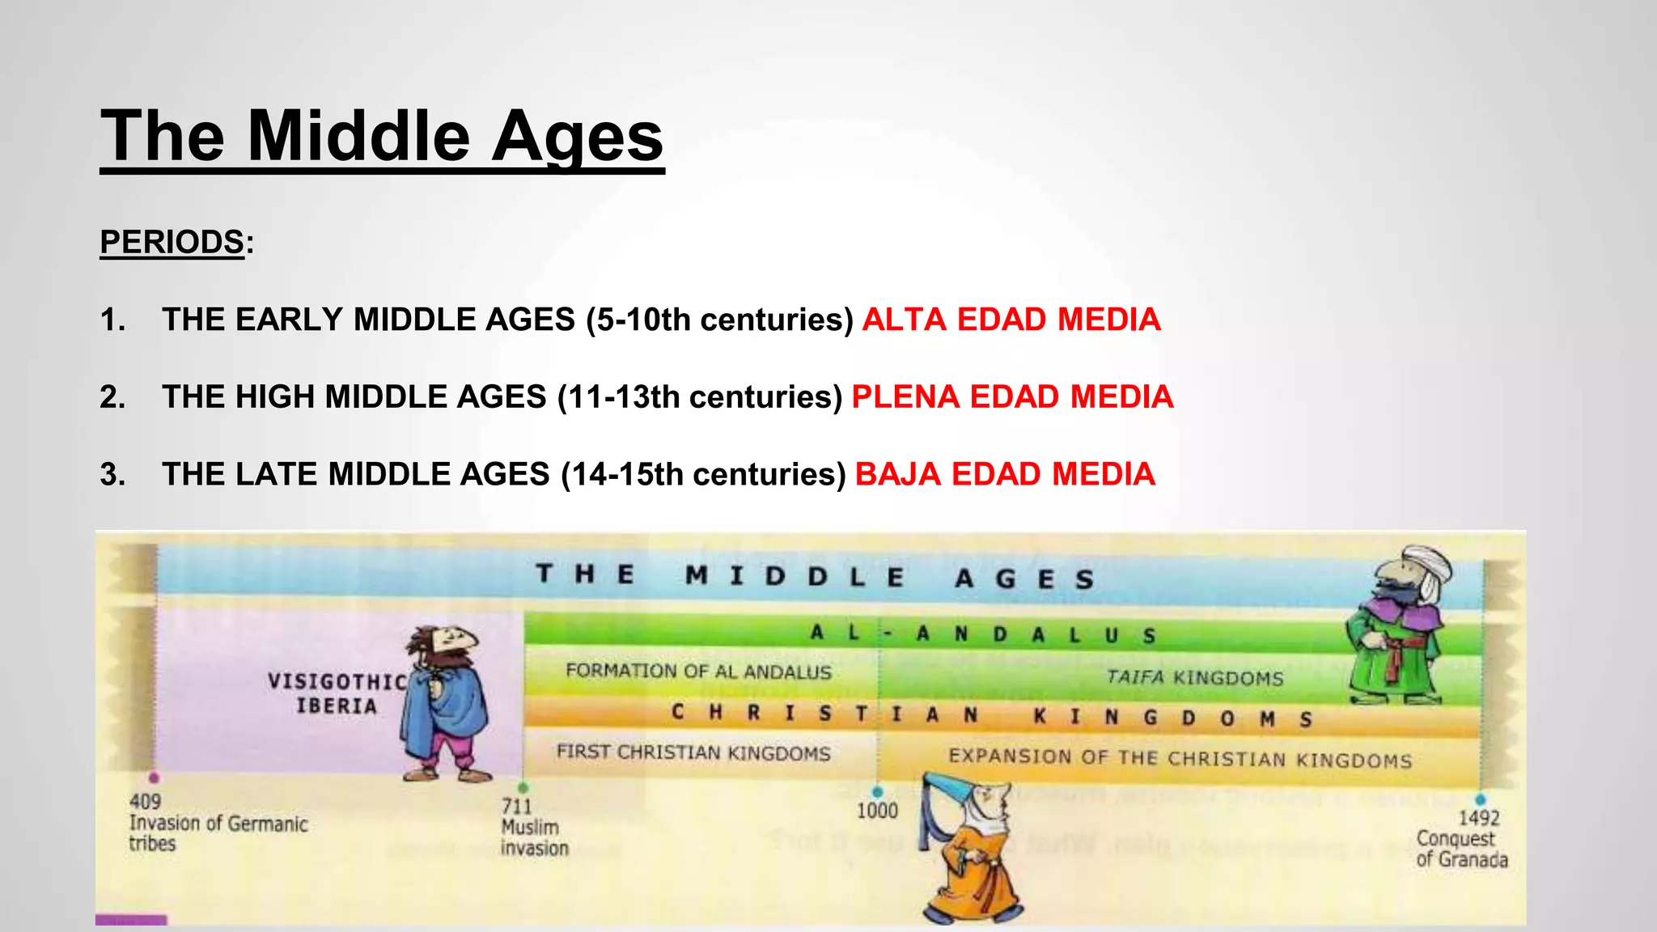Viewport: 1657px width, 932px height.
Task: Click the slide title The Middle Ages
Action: [x=382, y=136]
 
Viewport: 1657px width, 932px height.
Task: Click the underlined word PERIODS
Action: [x=172, y=242]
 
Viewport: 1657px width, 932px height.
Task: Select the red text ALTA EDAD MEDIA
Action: [x=1011, y=320]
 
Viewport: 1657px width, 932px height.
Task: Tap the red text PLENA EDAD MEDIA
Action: [x=1012, y=397]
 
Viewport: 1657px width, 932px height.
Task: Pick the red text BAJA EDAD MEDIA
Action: [x=1005, y=474]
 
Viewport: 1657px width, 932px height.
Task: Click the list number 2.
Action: [x=112, y=397]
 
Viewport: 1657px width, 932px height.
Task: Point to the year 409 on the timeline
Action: [x=145, y=801]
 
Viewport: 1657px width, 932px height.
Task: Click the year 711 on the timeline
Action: [x=516, y=806]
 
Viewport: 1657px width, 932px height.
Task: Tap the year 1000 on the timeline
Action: [x=877, y=811]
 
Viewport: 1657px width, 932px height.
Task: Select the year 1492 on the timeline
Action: [x=1478, y=818]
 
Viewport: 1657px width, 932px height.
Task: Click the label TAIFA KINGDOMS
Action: [x=1194, y=678]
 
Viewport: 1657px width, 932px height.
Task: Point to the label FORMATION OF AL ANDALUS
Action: [x=698, y=671]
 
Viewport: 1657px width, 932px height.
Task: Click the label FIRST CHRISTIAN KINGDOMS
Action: [x=693, y=752]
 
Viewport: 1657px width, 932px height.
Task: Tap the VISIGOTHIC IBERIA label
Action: [x=337, y=693]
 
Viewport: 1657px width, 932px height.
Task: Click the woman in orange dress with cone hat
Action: [x=971, y=849]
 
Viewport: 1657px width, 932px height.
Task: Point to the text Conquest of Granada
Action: [x=1461, y=849]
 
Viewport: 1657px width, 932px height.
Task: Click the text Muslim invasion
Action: [x=534, y=837]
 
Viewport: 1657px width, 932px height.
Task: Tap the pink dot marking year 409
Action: [x=154, y=778]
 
